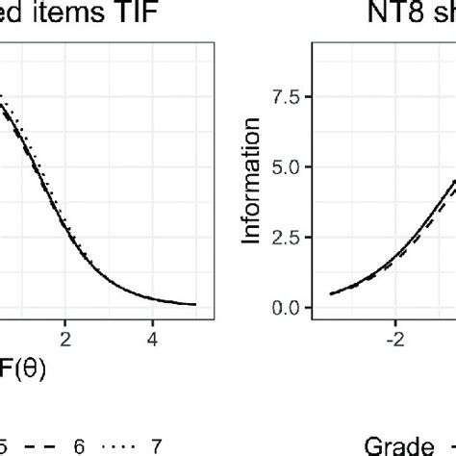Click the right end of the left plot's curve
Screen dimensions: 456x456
(196, 305)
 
